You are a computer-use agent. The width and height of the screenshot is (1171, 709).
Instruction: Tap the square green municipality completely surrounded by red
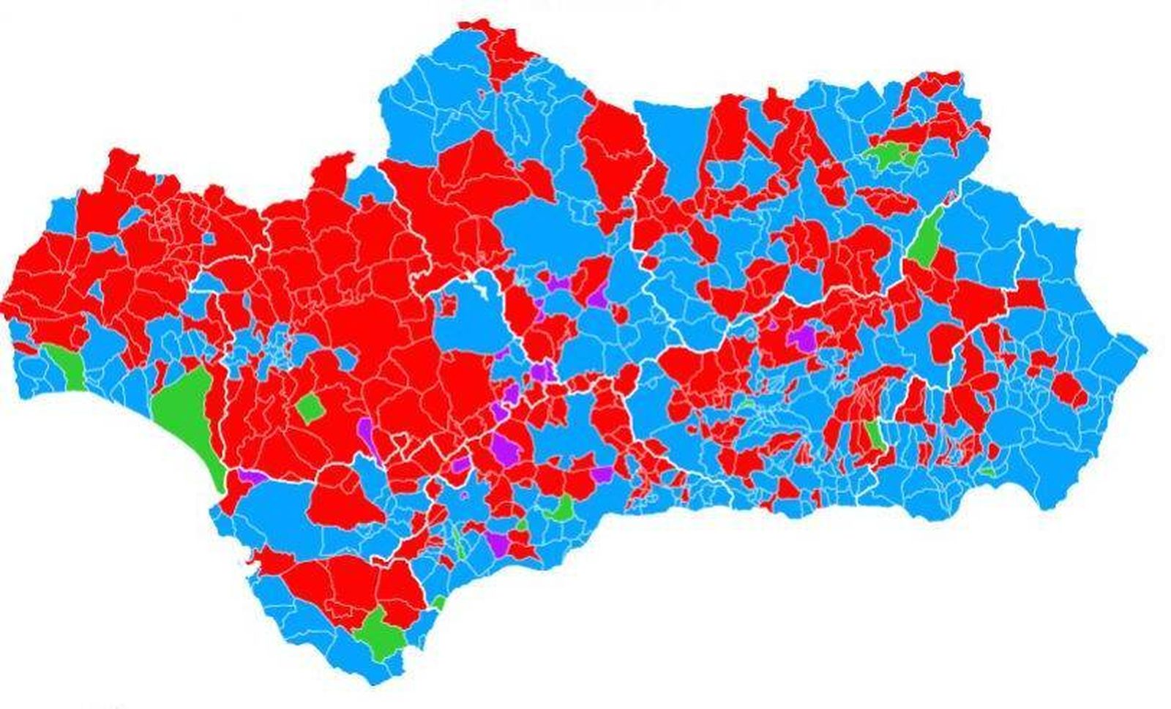310,408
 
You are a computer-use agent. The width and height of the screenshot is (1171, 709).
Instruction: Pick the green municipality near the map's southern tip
379,634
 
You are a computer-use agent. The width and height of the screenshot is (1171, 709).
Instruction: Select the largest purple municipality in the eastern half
804,338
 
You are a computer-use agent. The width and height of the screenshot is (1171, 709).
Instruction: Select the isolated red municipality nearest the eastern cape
1071,389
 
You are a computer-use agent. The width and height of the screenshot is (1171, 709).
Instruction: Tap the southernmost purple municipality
498,544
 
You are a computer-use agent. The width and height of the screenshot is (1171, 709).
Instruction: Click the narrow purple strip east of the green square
366,432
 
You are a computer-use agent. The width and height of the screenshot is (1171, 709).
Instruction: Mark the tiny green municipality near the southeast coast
988,472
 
